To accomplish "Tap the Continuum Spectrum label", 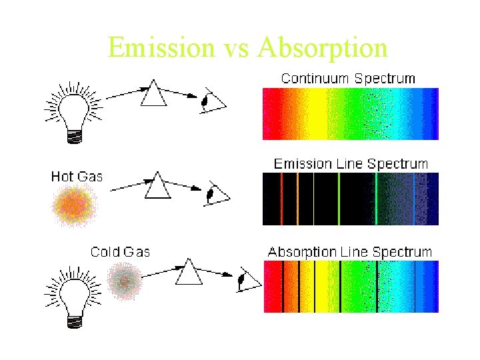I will [348, 78].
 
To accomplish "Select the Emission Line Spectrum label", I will [351, 163].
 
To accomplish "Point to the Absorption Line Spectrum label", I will [350, 252].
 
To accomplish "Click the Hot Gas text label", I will [77, 176].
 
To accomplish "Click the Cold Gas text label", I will [120, 252].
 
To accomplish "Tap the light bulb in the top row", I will [73, 110].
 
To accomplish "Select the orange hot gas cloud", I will [75, 205].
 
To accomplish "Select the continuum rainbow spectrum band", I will [351, 114].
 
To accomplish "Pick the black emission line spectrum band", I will [351, 199].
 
